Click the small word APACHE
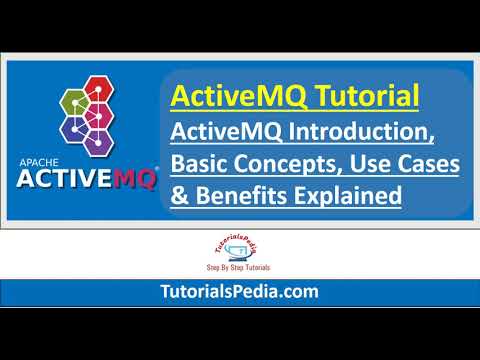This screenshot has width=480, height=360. pyautogui.click(x=40, y=168)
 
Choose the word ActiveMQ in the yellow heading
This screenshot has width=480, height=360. pyautogui.click(x=219, y=98)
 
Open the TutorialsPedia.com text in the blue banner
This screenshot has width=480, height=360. pyautogui.click(x=240, y=292)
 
